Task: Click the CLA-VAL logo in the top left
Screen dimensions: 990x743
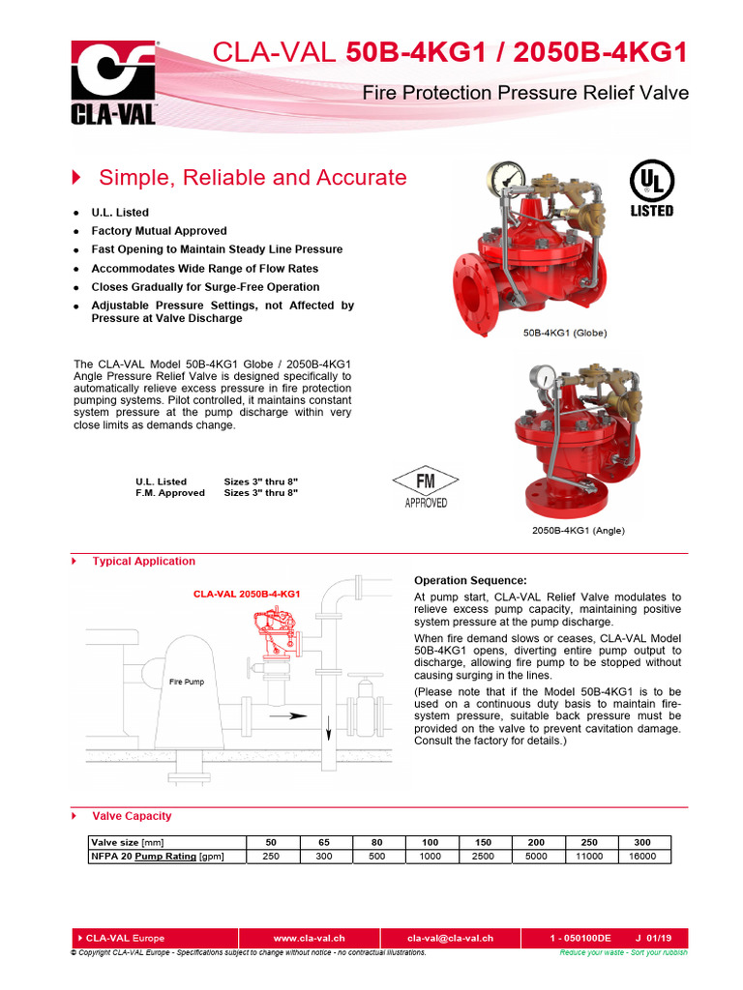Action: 113,84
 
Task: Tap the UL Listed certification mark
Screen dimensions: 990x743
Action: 651,189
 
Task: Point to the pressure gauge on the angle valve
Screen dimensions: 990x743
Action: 544,373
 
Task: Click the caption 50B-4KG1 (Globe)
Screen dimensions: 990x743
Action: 565,333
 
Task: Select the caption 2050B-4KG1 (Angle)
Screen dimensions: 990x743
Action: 578,530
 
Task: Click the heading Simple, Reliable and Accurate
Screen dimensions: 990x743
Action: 253,178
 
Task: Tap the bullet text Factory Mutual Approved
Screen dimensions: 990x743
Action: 159,231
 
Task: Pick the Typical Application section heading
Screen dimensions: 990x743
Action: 143,562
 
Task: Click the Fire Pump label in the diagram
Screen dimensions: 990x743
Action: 187,682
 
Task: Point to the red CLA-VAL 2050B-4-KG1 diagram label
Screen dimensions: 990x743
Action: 246,594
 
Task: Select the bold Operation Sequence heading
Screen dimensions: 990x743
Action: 470,580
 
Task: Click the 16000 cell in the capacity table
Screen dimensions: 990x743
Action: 641,857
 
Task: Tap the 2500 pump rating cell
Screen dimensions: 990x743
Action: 482,857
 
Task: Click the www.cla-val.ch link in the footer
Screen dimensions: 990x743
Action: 309,938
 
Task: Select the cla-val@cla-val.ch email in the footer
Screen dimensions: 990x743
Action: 450,938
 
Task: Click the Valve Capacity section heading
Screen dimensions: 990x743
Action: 132,817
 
